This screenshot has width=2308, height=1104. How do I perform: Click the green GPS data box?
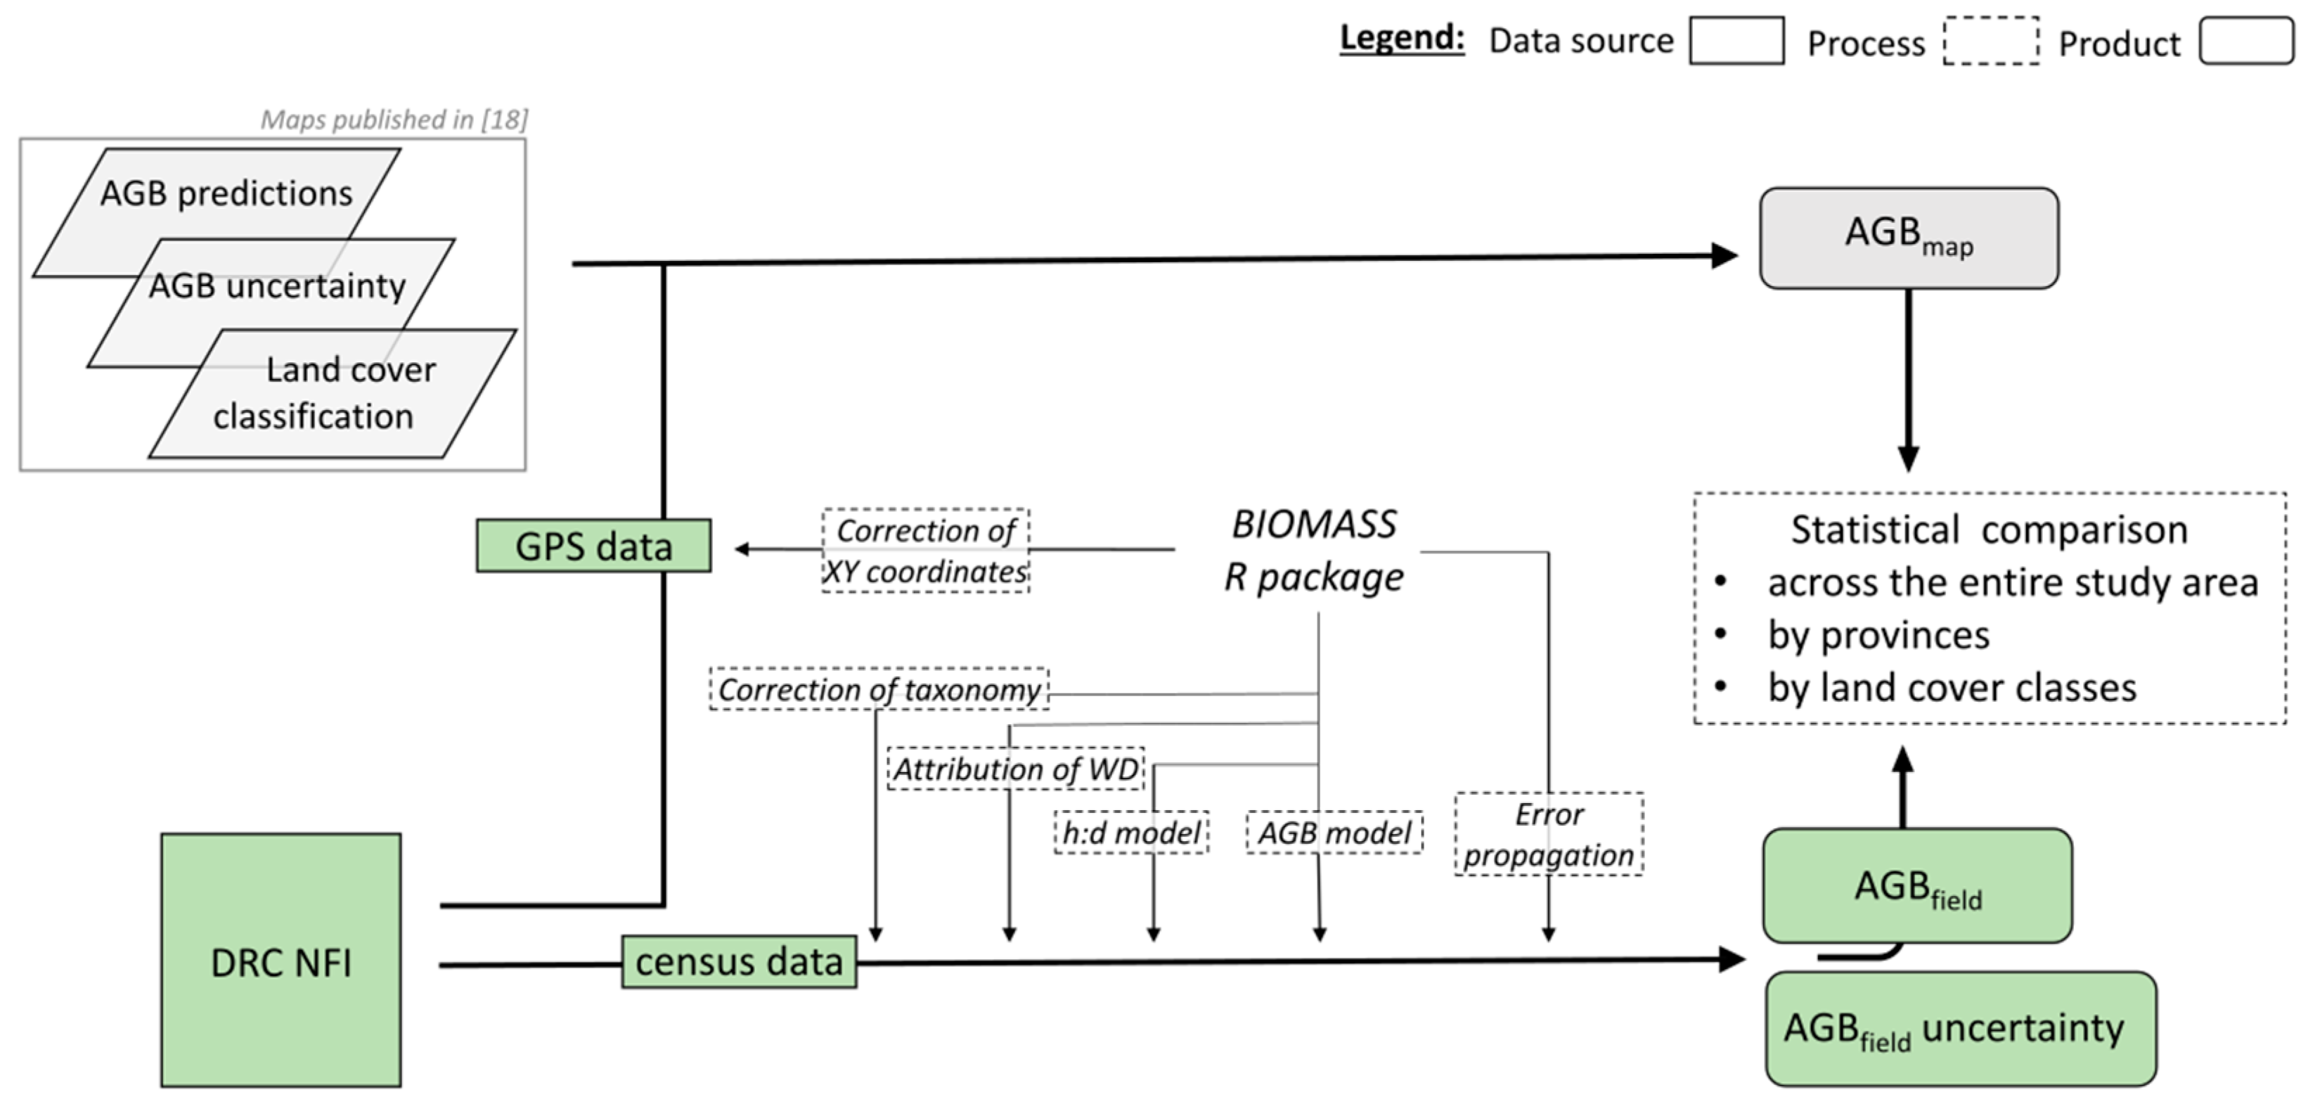click(x=593, y=546)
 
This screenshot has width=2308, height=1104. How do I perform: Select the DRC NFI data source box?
click(x=281, y=961)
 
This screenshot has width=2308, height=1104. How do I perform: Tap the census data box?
click(x=738, y=961)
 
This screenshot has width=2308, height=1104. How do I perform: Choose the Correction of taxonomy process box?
click(x=878, y=689)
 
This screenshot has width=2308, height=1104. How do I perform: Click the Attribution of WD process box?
click(x=1015, y=769)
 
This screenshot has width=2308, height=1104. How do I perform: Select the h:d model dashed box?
click(x=1130, y=833)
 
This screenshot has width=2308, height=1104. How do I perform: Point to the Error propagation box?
click(x=1548, y=834)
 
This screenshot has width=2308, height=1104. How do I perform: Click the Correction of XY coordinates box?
click(x=926, y=550)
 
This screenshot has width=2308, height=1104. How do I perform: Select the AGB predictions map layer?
click(x=226, y=193)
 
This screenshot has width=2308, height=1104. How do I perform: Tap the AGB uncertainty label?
click(x=277, y=286)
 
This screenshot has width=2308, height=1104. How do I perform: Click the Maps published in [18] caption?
click(x=394, y=119)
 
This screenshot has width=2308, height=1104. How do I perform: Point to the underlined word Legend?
click(x=1401, y=39)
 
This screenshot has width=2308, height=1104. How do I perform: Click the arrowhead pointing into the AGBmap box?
click(x=1724, y=255)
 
